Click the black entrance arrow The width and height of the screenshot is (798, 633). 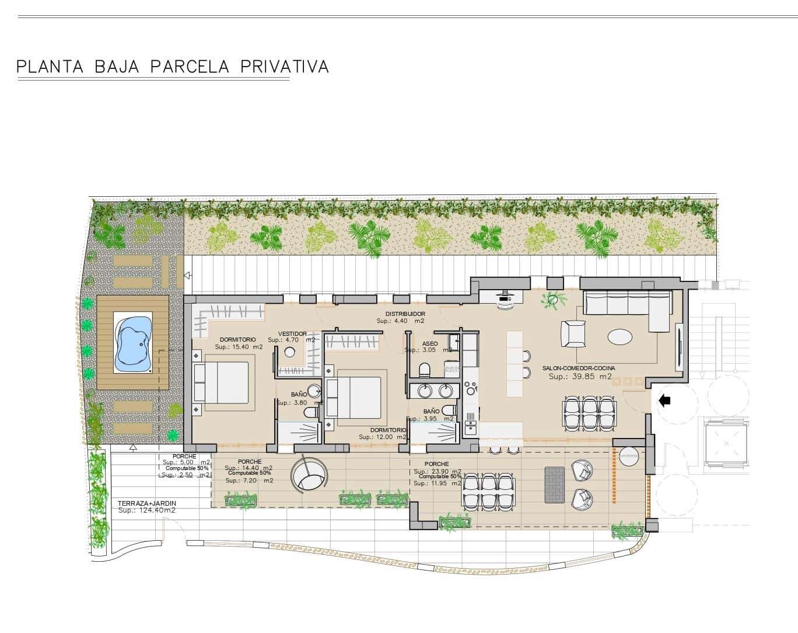click(x=664, y=401)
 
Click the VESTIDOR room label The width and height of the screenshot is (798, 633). click(x=292, y=334)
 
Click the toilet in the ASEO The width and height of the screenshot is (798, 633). click(x=424, y=369)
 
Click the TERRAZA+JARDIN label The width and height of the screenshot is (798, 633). click(x=146, y=503)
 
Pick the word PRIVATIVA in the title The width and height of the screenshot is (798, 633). click(x=285, y=67)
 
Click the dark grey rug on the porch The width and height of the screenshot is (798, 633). click(x=553, y=485)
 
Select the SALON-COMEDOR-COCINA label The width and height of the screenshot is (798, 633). click(x=578, y=368)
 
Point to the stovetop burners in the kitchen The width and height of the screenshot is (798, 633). click(x=471, y=386)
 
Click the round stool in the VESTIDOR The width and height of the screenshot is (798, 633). click(x=290, y=352)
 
